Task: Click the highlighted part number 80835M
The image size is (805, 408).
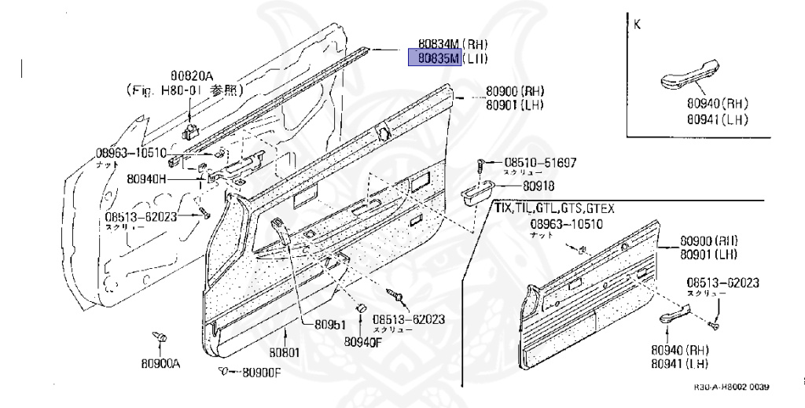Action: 432,58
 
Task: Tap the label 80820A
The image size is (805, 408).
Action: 192,76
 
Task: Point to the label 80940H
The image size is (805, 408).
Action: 146,178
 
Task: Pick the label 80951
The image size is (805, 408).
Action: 331,324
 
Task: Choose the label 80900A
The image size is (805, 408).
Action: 162,363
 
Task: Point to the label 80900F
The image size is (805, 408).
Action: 260,372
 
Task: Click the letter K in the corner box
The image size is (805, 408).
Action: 637,24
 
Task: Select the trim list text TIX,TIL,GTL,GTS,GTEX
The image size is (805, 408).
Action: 553,208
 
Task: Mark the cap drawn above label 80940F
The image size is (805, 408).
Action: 362,307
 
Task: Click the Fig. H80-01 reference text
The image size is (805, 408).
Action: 185,90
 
